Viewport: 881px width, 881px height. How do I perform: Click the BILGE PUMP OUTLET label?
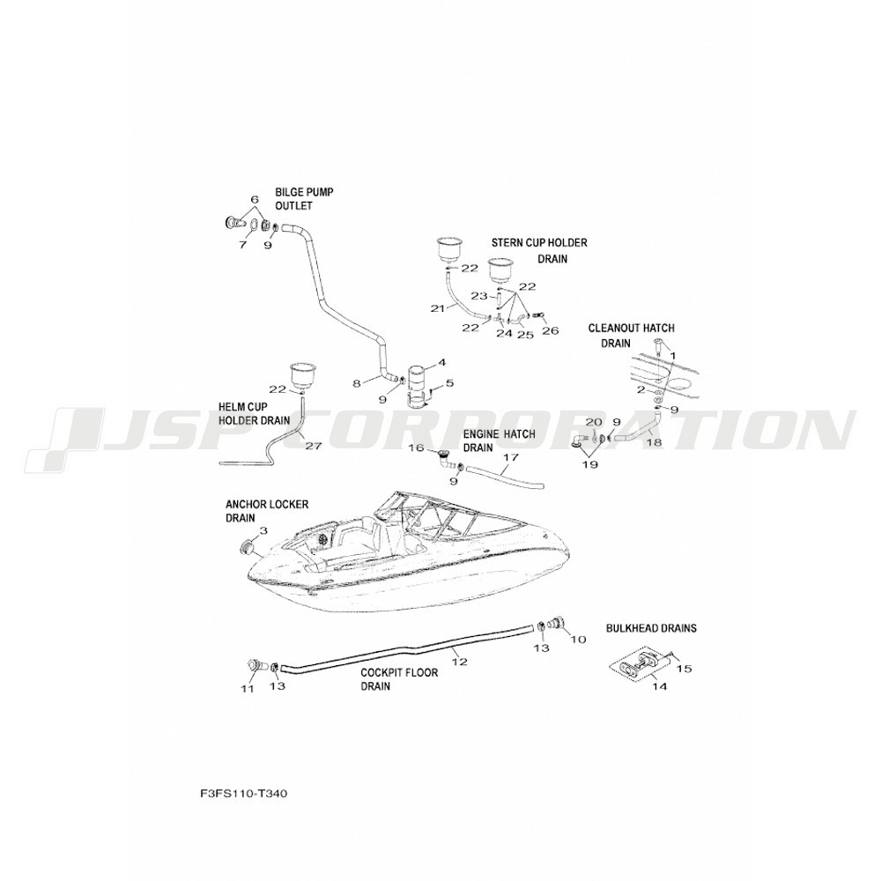(x=304, y=199)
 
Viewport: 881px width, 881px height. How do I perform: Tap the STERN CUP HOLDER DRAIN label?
(x=539, y=250)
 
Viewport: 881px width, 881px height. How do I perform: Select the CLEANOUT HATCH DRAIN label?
(x=631, y=336)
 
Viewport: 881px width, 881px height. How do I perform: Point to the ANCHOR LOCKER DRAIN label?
(x=267, y=511)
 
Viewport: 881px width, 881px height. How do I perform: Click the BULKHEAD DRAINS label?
(x=651, y=628)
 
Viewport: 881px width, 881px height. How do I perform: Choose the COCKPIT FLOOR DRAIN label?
(x=399, y=679)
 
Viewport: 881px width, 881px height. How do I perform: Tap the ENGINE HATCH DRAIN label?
(x=499, y=441)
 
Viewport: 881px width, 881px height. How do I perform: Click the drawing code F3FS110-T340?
(x=243, y=794)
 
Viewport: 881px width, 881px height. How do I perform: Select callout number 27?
(x=313, y=446)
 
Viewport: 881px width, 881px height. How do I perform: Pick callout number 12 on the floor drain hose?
(x=460, y=662)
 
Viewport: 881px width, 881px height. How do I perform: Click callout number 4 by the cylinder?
(x=441, y=363)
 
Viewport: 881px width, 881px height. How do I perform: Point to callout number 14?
(x=660, y=686)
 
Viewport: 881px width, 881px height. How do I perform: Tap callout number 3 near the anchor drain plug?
(x=263, y=530)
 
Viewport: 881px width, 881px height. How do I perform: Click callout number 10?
(x=578, y=640)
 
